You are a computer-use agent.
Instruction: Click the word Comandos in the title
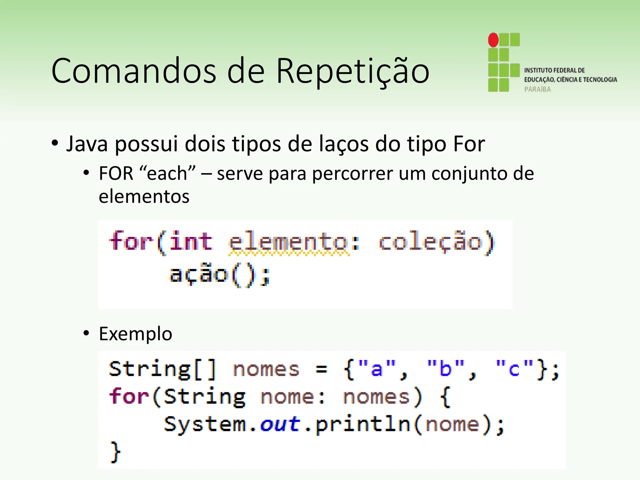(x=134, y=71)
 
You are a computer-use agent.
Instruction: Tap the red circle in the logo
(x=493, y=40)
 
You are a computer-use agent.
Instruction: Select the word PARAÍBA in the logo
(x=537, y=89)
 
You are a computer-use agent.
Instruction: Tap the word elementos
(x=144, y=197)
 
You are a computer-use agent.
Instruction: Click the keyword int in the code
(x=191, y=241)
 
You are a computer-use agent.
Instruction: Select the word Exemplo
(x=135, y=334)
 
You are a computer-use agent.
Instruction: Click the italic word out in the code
(x=280, y=424)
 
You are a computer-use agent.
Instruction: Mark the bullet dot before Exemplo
(x=86, y=333)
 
